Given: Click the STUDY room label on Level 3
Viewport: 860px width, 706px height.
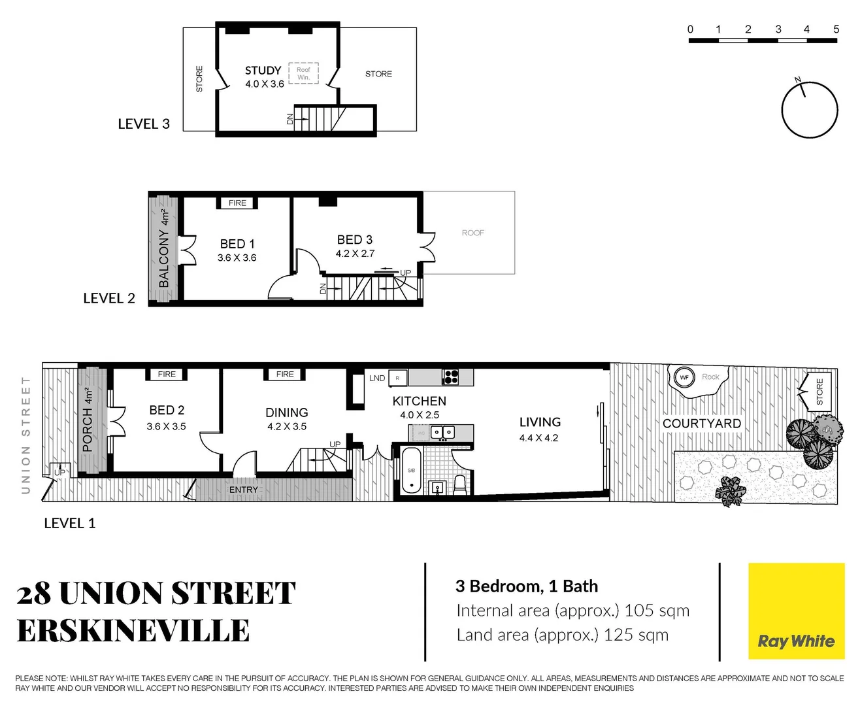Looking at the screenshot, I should tap(263, 71).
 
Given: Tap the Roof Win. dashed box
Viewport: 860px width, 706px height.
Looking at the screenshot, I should tap(303, 73).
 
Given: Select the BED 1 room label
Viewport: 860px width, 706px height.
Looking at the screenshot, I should tap(237, 244).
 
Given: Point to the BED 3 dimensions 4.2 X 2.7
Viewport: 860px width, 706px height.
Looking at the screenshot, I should tap(355, 254).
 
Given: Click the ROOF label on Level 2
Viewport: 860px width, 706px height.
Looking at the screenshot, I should tap(472, 233).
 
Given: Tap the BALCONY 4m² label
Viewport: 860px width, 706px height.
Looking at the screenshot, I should tap(164, 249).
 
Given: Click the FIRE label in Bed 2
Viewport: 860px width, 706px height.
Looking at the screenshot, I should tap(167, 375).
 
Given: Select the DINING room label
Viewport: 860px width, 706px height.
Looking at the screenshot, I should tap(286, 412).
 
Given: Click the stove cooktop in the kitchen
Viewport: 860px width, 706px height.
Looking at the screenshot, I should tap(450, 377).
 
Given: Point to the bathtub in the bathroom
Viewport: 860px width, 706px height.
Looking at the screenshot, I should tap(412, 470).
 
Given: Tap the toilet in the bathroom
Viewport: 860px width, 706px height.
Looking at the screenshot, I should tap(460, 484).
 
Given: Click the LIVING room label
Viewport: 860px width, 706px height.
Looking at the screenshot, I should tap(540, 422).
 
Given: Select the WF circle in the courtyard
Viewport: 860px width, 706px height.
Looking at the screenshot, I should tap(684, 377).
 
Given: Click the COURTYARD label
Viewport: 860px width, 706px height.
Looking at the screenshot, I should tap(701, 424).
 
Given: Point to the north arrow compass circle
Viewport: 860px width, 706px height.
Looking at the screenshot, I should tap(810, 110).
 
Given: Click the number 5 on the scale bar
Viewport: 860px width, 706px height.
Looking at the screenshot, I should tap(836, 29).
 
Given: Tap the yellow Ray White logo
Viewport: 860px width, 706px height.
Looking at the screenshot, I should tap(796, 611).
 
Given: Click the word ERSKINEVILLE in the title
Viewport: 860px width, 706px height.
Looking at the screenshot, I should tap(133, 631).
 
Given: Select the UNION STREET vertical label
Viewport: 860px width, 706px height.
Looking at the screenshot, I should tap(26, 435).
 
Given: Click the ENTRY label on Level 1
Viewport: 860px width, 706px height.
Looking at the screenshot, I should tap(243, 490).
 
